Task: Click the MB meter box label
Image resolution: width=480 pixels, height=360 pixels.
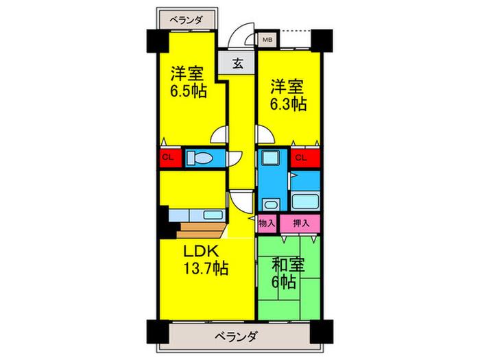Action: [x=267, y=40]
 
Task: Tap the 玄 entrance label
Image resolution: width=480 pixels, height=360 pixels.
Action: [x=238, y=63]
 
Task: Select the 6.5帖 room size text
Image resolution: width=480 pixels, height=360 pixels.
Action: [x=189, y=91]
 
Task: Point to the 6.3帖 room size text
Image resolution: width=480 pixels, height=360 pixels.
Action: [x=288, y=104]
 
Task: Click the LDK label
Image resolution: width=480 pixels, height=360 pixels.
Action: [x=201, y=252]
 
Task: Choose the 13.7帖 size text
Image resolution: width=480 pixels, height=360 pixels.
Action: [x=206, y=269]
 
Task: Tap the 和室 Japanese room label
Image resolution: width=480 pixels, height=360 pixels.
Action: [x=288, y=265]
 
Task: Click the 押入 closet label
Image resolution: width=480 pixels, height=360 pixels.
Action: [x=301, y=224]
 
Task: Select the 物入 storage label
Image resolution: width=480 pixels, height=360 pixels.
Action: [x=267, y=224]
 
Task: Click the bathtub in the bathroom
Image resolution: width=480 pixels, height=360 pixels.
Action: [x=305, y=202]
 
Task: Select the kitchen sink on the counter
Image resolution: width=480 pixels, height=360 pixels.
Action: [x=213, y=215]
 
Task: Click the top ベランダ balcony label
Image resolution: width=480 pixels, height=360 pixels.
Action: [x=186, y=20]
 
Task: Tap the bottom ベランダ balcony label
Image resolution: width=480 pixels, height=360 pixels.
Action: [x=235, y=337]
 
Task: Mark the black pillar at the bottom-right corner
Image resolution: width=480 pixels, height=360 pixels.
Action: [x=322, y=332]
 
